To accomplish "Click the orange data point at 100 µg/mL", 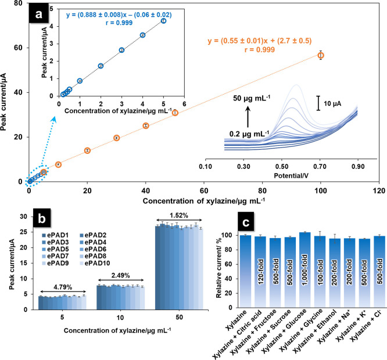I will (320, 55).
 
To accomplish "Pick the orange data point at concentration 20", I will (87, 150).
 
